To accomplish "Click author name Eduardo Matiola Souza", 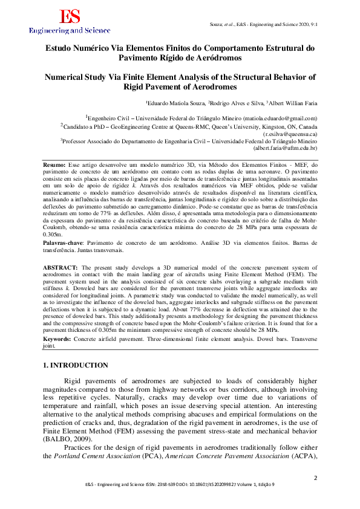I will pos(176,103).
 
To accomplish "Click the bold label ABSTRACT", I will pos(61,267).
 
